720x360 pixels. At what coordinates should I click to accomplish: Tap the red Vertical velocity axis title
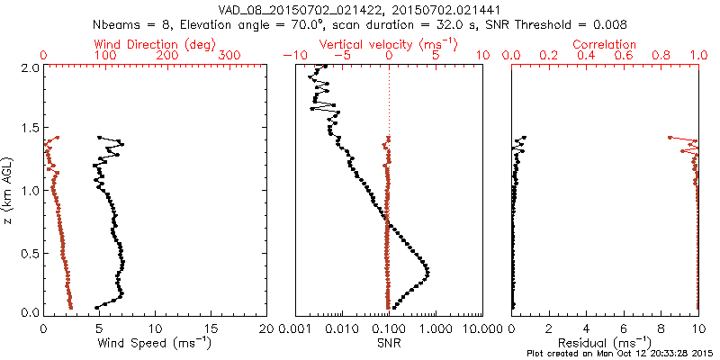click(388, 44)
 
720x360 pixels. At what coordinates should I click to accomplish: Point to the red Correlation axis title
click(605, 44)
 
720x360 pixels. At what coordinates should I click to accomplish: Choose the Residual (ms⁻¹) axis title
click(605, 342)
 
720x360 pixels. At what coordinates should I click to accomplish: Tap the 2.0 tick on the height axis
click(29, 67)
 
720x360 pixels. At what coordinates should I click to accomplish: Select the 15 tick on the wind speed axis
click(211, 326)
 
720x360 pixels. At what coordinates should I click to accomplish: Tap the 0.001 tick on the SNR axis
click(294, 326)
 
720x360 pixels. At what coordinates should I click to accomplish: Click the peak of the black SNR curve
click(427, 272)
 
